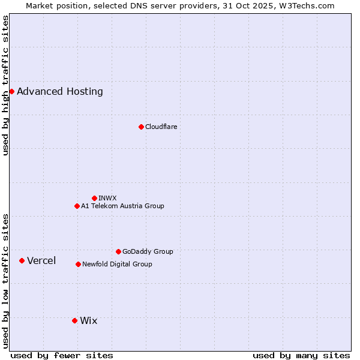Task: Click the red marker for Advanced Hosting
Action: (x=11, y=91)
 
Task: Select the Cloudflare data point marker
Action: (x=141, y=127)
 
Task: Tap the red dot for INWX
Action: (x=94, y=198)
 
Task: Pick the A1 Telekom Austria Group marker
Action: (x=77, y=206)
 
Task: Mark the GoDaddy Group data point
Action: (x=118, y=251)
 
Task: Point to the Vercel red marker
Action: (x=22, y=260)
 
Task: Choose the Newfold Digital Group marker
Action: (x=78, y=264)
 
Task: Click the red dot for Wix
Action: (x=74, y=320)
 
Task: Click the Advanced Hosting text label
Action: (x=60, y=92)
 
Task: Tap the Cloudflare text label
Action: (x=161, y=127)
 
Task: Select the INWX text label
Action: (x=107, y=198)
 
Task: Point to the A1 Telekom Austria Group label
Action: (x=122, y=206)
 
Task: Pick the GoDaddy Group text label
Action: (x=148, y=251)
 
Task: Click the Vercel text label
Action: (x=41, y=260)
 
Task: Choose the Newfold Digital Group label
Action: (x=117, y=264)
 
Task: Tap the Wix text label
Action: (x=88, y=321)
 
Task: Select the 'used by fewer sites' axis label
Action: (x=62, y=355)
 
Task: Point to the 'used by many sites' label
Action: (x=301, y=355)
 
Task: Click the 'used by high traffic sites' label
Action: (x=5, y=86)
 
